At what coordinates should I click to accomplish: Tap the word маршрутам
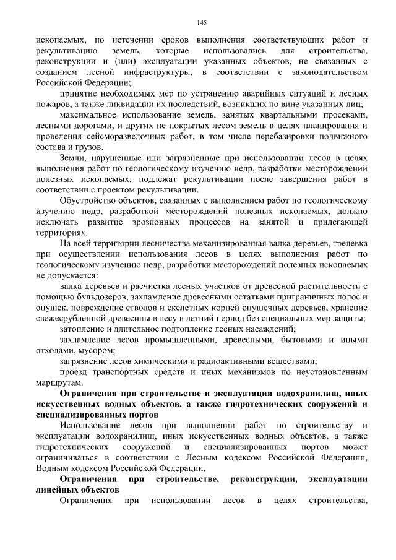click(x=58, y=383)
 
